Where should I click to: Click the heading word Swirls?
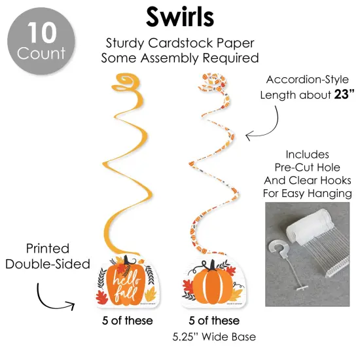pyautogui.click(x=180, y=17)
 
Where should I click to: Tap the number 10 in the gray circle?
pyautogui.click(x=42, y=33)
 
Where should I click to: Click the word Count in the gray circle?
pyautogui.click(x=41, y=53)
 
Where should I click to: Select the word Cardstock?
pyautogui.click(x=181, y=43)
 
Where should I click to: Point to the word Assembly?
pyautogui.click(x=170, y=58)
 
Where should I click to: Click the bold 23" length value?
pyautogui.click(x=344, y=94)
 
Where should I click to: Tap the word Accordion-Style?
pyautogui.click(x=308, y=79)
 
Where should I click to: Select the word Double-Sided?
pyautogui.click(x=48, y=264)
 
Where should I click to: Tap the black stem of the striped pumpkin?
pyautogui.click(x=211, y=265)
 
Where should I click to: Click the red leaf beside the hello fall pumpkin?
pyautogui.click(x=101, y=297)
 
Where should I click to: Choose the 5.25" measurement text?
pyautogui.click(x=186, y=337)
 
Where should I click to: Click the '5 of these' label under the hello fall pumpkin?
pyautogui.click(x=128, y=321)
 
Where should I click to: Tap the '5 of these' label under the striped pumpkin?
pyautogui.click(x=214, y=321)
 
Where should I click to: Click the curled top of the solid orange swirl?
pyautogui.click(x=125, y=82)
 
